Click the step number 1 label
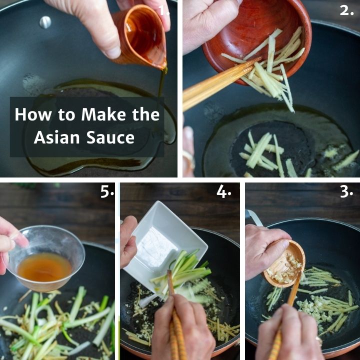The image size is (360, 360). [164, 10]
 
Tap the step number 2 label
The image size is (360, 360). [346, 10]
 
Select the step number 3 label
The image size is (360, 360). [346, 191]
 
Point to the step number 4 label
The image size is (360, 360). [223, 191]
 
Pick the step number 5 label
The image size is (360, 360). [107, 191]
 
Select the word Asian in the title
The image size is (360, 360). [56, 137]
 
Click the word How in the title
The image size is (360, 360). [33, 114]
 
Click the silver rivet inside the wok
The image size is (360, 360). [45, 22]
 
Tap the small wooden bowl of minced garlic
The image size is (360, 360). [284, 264]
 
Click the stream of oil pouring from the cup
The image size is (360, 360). [161, 87]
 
